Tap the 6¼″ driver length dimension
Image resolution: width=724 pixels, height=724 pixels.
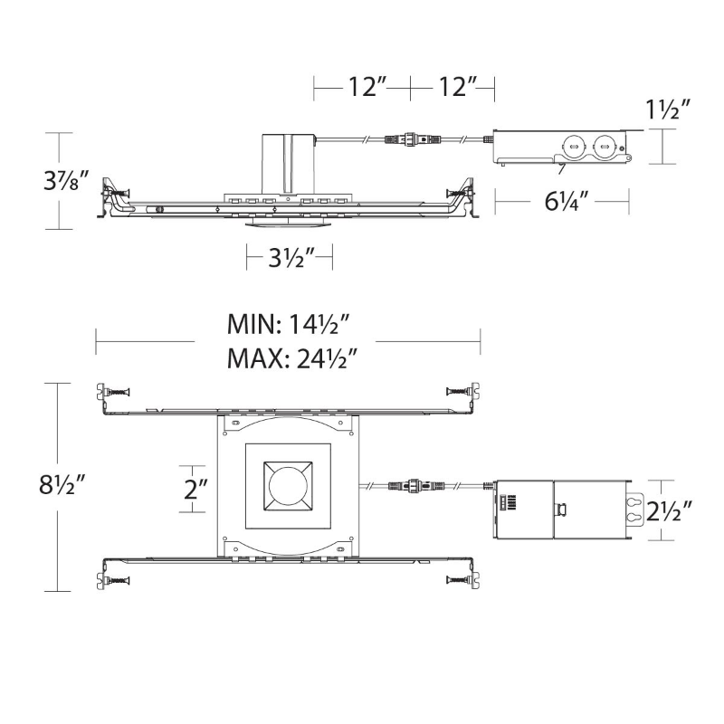coord(567,200)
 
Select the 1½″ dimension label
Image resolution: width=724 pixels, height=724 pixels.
coord(667,110)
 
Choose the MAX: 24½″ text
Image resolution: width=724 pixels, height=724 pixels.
coord(292,357)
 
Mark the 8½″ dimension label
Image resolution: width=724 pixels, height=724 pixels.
coord(62,484)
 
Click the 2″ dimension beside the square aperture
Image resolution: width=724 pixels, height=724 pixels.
coord(195,489)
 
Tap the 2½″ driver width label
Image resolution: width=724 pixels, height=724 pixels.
coord(669,510)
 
